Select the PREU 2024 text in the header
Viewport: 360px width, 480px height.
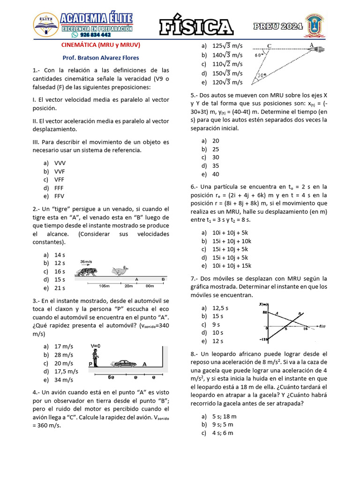point(278,27)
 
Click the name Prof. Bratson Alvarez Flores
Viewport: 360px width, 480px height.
point(101,58)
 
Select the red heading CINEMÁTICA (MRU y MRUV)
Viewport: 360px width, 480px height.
point(101,45)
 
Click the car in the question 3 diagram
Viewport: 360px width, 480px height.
point(124,363)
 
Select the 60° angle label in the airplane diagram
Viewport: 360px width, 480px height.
point(259,55)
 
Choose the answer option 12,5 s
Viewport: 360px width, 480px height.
point(220,308)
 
